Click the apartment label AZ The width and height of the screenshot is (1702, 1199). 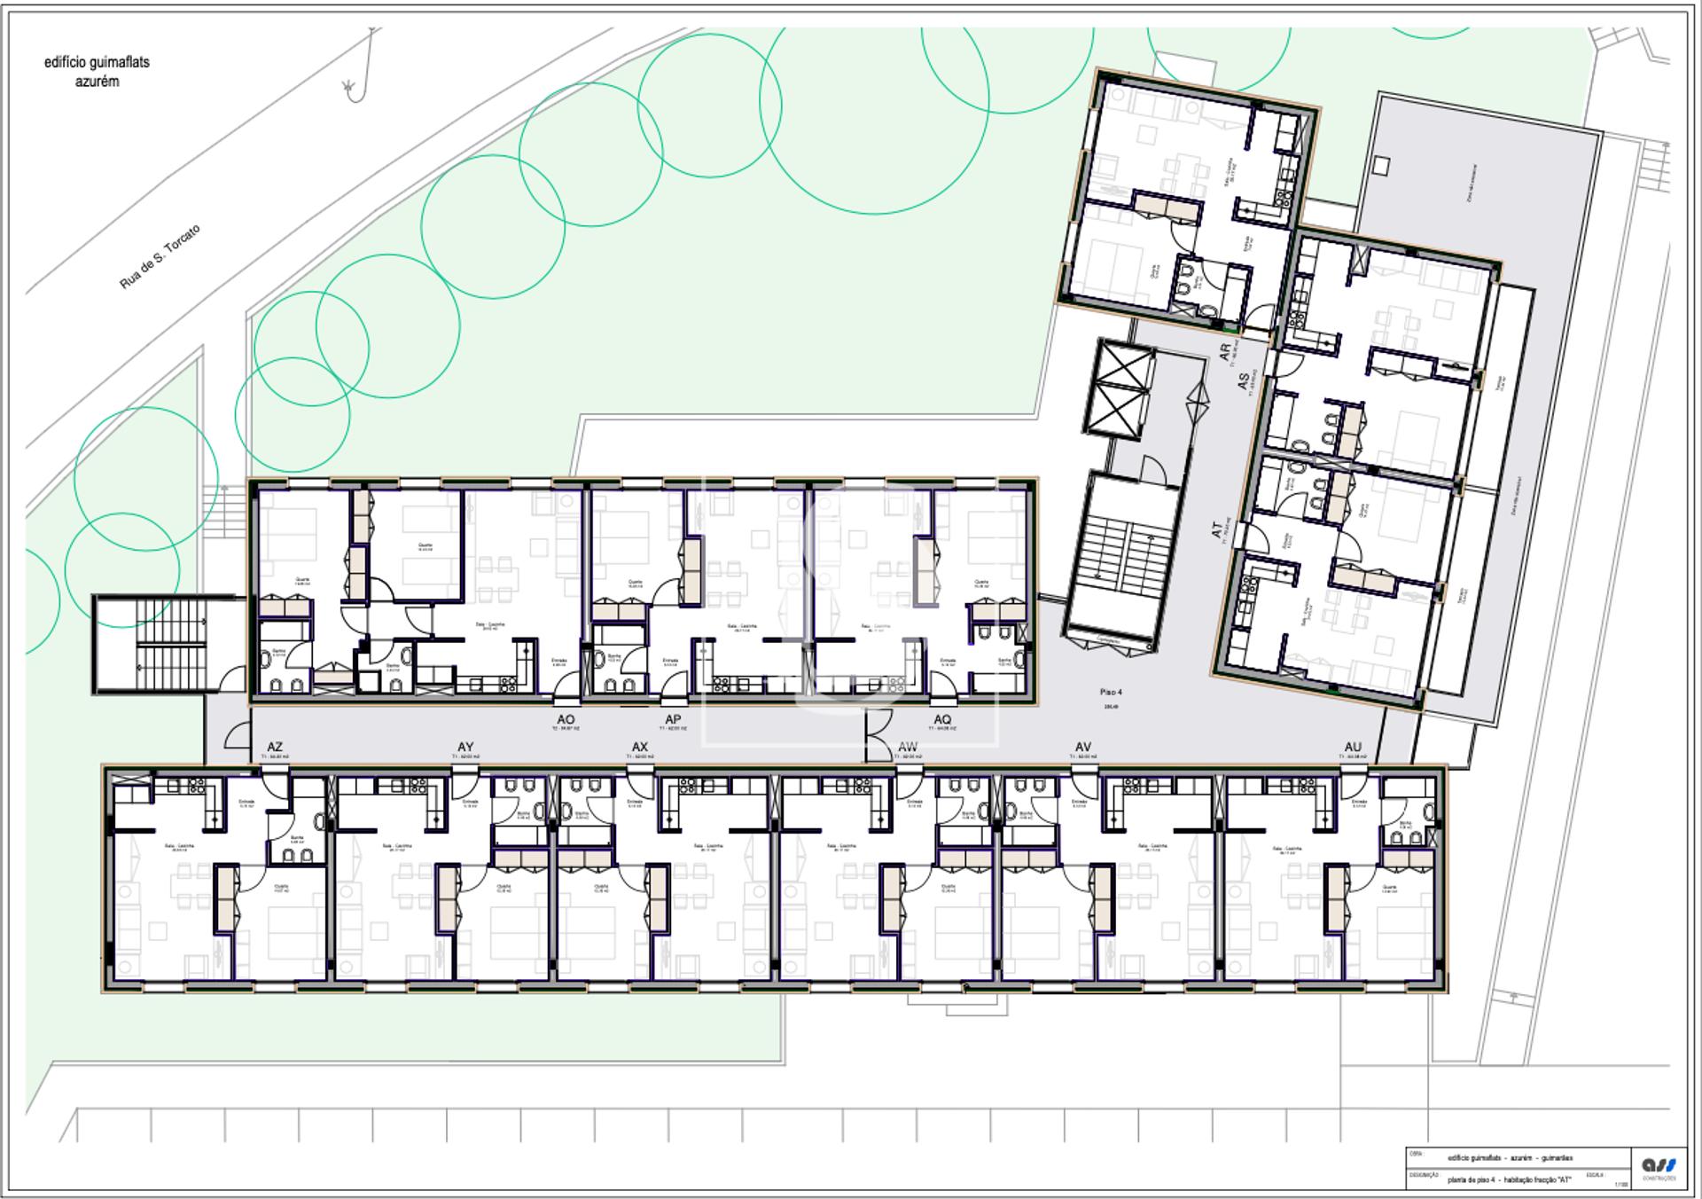click(275, 748)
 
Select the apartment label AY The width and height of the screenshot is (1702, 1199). click(465, 747)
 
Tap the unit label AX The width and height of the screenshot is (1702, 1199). click(640, 747)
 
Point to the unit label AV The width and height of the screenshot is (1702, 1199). click(1082, 747)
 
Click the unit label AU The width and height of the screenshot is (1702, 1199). click(1353, 747)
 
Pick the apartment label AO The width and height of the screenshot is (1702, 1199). click(566, 719)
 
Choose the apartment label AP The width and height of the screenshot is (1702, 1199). click(673, 719)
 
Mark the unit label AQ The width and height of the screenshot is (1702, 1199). click(941, 719)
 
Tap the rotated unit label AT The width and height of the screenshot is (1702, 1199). click(1216, 529)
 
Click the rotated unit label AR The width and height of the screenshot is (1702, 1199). click(1225, 352)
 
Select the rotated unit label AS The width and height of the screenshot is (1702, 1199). click(1243, 380)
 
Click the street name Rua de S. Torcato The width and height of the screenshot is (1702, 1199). click(160, 257)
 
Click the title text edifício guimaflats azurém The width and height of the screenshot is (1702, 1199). click(97, 72)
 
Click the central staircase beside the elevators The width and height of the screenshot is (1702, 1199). click(1123, 559)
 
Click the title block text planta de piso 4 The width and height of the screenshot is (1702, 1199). click(1507, 1179)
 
